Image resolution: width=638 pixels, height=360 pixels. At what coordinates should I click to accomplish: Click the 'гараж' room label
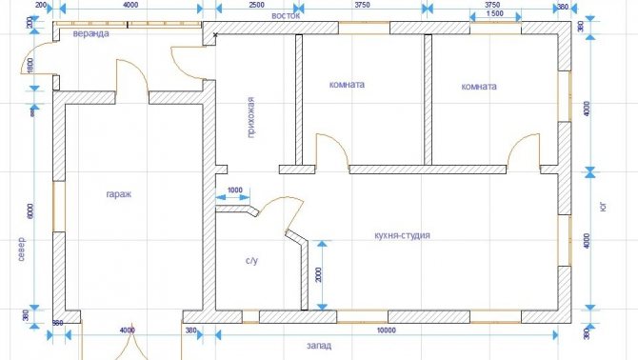(119, 194)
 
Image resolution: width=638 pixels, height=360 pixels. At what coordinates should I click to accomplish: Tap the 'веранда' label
(90, 33)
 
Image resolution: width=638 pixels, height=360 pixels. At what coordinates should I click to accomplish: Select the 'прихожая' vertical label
(251, 117)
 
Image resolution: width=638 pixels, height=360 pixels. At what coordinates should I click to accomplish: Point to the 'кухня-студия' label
(402, 235)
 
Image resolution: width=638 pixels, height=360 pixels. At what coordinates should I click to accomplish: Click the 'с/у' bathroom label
(251, 260)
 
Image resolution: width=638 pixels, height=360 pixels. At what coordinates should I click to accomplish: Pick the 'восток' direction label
(286, 16)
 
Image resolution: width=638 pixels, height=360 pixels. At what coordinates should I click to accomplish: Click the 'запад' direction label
(319, 346)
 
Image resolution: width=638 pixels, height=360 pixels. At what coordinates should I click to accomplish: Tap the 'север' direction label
(21, 249)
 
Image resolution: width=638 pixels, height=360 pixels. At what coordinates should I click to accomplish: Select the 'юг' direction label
(603, 207)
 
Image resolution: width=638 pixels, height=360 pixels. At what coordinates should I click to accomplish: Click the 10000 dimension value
(387, 330)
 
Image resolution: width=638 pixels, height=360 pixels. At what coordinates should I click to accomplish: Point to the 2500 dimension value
(256, 5)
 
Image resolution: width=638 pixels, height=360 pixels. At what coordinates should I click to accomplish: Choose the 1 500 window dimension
(495, 13)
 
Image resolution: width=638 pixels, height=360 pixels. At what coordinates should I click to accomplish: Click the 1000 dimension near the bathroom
(235, 190)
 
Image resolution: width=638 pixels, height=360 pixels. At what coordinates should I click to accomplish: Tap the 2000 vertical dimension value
(319, 274)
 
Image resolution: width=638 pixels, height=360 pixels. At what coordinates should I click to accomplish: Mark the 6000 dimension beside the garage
(30, 210)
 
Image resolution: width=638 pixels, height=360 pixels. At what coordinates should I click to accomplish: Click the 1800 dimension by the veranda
(30, 66)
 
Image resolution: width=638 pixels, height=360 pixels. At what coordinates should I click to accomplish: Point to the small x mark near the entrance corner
(215, 35)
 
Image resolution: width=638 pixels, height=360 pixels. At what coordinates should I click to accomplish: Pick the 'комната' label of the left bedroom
(347, 85)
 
